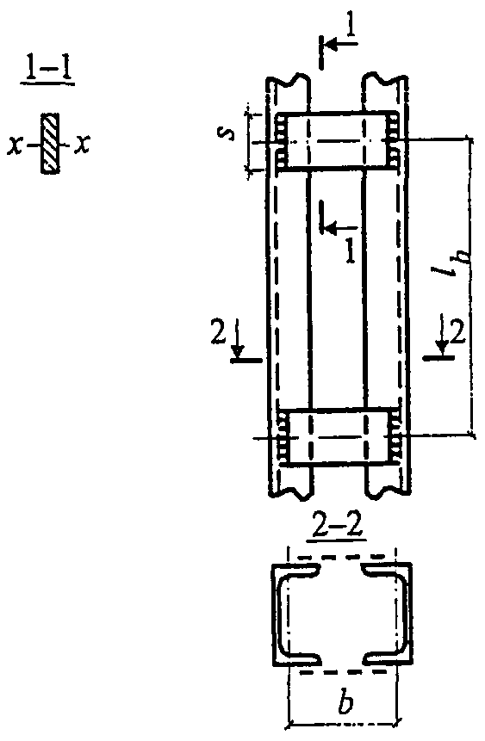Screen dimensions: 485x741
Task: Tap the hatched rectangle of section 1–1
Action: [x=51, y=144]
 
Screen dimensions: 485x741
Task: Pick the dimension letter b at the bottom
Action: [x=345, y=703]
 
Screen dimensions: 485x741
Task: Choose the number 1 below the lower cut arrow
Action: [x=350, y=251]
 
